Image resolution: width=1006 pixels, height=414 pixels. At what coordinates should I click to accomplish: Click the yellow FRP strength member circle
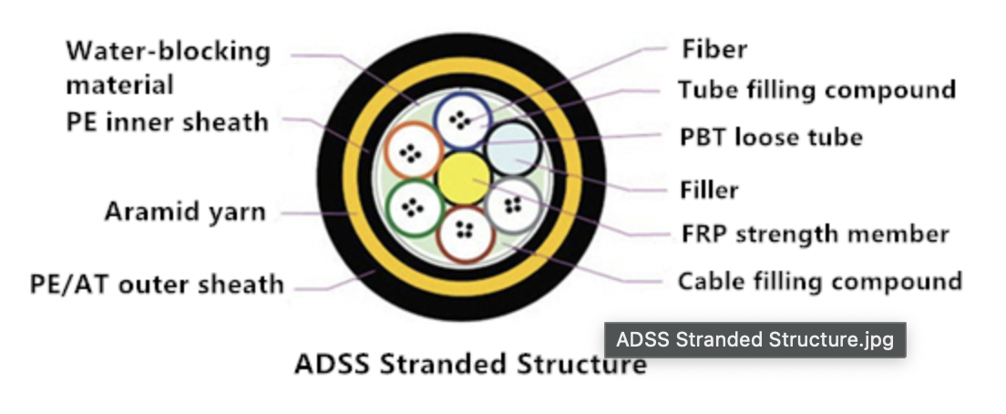click(463, 179)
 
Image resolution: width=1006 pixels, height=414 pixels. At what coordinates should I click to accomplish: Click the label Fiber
click(714, 49)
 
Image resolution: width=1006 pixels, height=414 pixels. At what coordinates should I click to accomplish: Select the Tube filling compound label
click(817, 89)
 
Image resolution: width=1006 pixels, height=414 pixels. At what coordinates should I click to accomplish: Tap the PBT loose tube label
click(771, 137)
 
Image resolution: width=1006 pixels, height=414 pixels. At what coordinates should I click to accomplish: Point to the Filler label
click(709, 190)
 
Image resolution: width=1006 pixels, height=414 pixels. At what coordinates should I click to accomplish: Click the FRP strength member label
click(815, 234)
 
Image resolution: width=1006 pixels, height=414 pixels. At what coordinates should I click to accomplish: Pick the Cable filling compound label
click(820, 281)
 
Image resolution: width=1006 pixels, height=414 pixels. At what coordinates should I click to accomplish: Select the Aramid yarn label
click(185, 212)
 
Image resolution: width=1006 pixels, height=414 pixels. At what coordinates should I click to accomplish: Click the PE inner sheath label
click(167, 122)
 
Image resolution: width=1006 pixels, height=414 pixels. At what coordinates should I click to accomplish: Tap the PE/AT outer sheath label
click(157, 285)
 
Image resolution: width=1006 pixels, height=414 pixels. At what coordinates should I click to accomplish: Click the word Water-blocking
click(168, 51)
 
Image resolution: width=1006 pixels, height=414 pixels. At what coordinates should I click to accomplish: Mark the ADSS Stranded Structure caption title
click(470, 364)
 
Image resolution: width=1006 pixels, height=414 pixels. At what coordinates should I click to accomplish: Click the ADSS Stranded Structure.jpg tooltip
click(755, 339)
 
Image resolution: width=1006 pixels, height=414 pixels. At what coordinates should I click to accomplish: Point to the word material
click(120, 85)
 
